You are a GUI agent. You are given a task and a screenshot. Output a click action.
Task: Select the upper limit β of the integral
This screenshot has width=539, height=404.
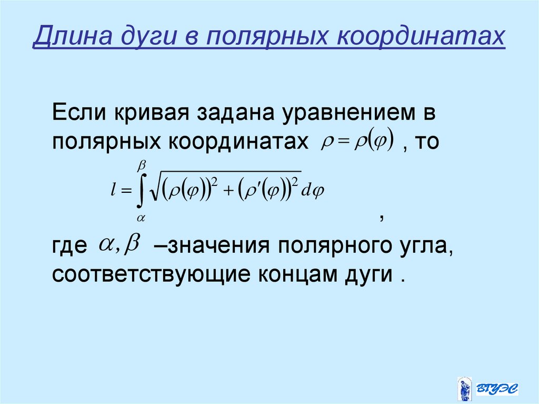pos(141,166)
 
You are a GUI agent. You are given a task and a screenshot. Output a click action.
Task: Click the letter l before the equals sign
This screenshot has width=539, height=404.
pos(113,192)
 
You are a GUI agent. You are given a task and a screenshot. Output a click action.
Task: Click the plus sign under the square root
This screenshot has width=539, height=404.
pos(227,192)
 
